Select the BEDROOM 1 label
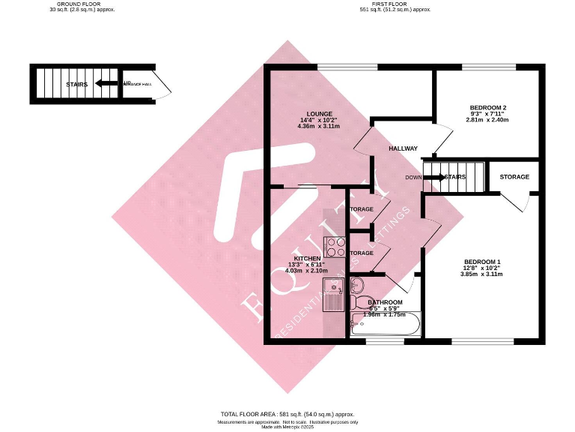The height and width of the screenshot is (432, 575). pyautogui.click(x=482, y=261)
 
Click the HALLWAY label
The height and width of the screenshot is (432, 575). pyautogui.click(x=403, y=148)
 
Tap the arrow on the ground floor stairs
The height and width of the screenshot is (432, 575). pyautogui.click(x=108, y=84)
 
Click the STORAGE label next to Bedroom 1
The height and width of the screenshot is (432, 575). pyautogui.click(x=514, y=177)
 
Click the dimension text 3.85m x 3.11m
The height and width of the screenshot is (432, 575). pyautogui.click(x=481, y=274)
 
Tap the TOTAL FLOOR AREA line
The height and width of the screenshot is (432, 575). pyautogui.click(x=287, y=414)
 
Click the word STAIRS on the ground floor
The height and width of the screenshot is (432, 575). pyautogui.click(x=77, y=84)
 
